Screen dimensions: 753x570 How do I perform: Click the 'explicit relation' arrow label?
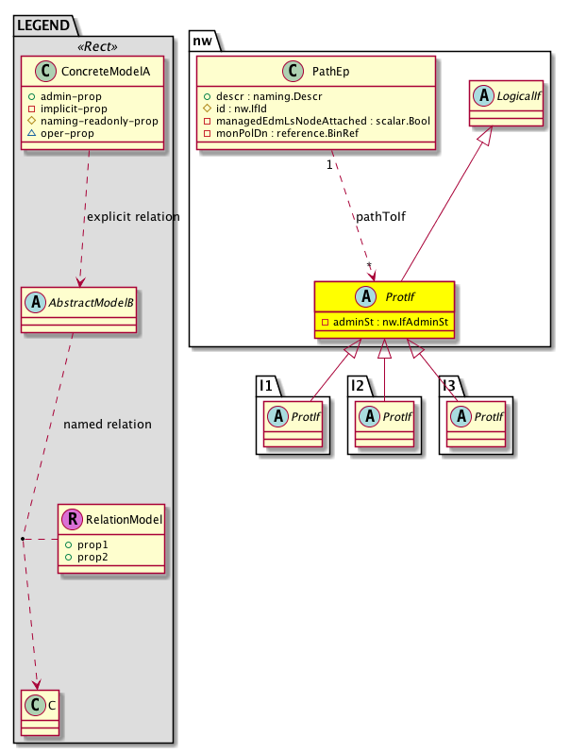click(132, 217)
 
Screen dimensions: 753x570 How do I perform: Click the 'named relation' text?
click(107, 425)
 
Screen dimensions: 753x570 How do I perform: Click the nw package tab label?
click(203, 41)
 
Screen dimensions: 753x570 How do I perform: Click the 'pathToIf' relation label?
click(380, 217)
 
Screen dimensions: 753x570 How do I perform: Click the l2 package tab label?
click(360, 386)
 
